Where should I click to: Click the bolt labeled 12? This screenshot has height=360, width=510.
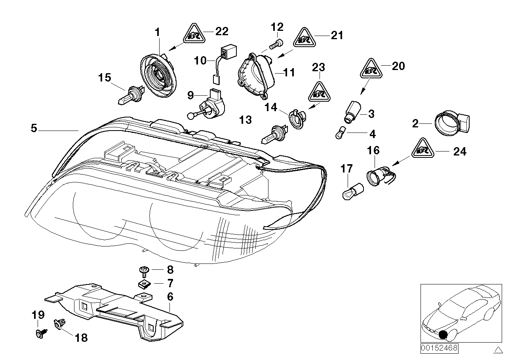pos(276,44)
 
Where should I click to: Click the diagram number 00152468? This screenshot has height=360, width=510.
pos(439,349)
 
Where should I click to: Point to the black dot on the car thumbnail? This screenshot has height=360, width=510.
pos(443,335)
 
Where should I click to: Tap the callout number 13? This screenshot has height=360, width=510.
pos(246,120)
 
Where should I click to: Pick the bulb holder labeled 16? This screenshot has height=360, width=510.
pos(374,177)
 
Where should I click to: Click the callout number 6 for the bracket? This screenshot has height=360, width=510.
pos(170,296)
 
